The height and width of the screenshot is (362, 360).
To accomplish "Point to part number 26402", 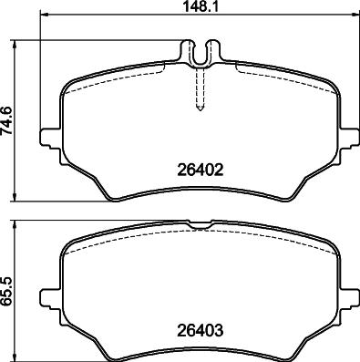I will click(x=201, y=169).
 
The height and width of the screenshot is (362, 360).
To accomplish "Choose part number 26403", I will click(x=201, y=331).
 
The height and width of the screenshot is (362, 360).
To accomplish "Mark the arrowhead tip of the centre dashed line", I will click(x=200, y=110).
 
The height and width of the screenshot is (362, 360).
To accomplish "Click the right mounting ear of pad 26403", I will click(x=351, y=297).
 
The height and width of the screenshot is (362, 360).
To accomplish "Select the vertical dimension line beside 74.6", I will click(x=22, y=119).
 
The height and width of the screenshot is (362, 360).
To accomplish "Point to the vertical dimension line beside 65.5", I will click(x=22, y=289).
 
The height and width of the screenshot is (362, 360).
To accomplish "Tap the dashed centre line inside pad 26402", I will click(x=200, y=87).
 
